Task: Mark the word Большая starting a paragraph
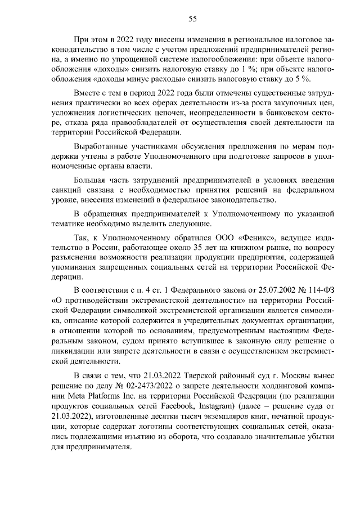point(89,181)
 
